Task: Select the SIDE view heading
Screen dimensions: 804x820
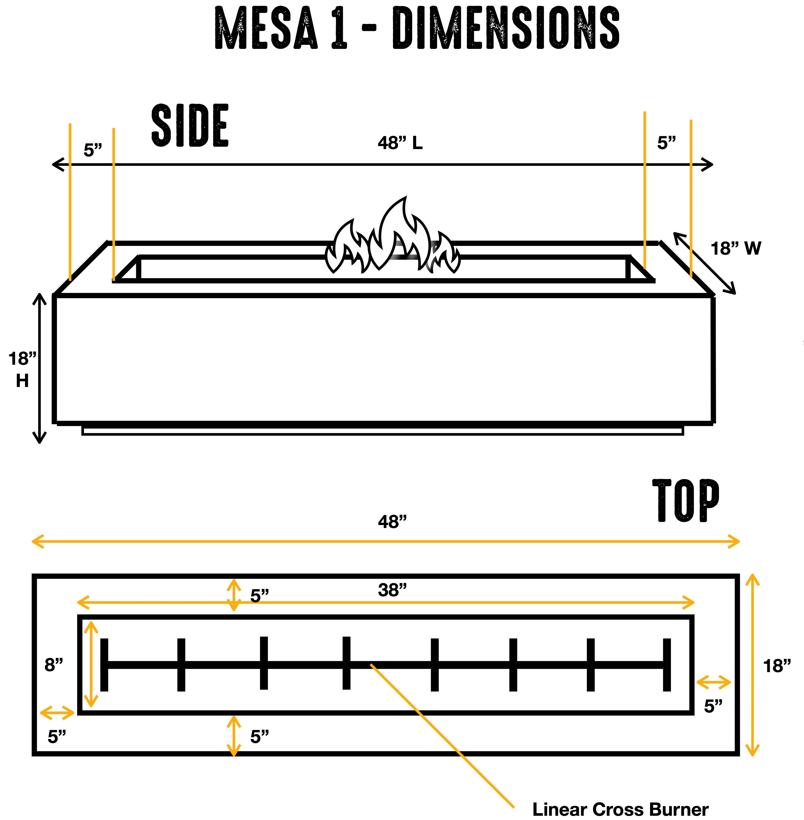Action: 190,126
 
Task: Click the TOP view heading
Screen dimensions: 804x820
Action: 686,501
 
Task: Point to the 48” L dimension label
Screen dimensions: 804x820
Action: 400,143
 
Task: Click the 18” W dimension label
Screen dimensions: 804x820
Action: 736,249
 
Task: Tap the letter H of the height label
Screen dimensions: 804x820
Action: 22,381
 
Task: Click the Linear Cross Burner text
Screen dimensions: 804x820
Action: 620,809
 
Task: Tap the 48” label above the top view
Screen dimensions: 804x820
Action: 392,522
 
